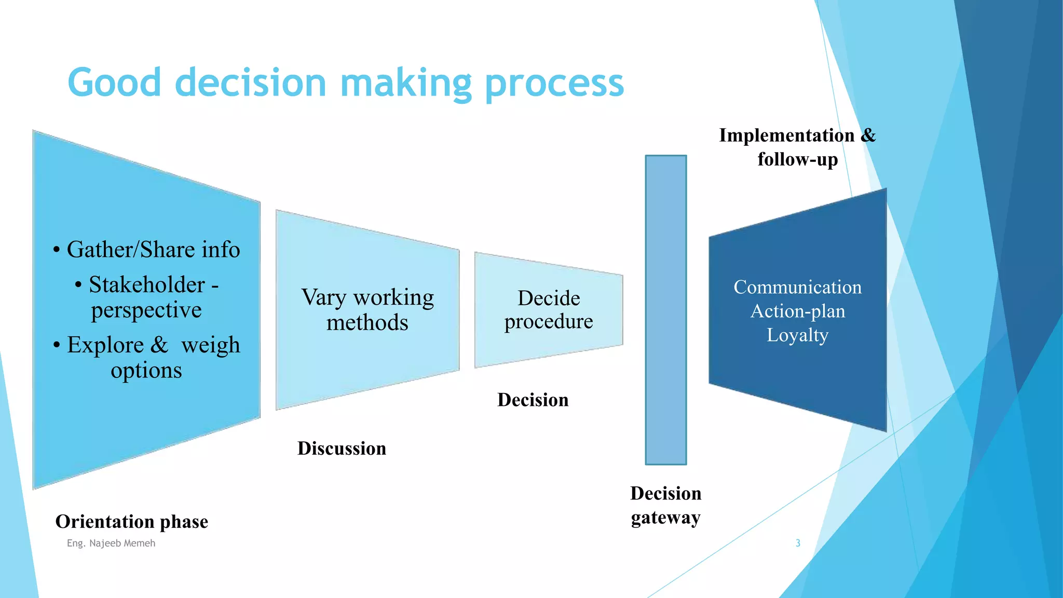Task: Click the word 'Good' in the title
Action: [x=115, y=83]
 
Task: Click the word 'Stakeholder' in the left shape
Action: [x=147, y=284]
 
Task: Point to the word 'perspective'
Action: [x=146, y=310]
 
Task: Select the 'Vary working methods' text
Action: [x=367, y=310]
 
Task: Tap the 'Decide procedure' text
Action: [x=549, y=310]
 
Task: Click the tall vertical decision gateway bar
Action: [x=666, y=310]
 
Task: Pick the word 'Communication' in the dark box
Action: [x=797, y=287]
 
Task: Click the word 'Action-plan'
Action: [x=797, y=311]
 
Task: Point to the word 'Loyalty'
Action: [x=797, y=335]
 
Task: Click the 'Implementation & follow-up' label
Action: [x=797, y=147]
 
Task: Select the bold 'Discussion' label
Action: [x=342, y=448]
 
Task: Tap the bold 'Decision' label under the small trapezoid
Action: [x=533, y=400]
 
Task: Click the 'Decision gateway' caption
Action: [x=666, y=505]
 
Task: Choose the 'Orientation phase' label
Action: [x=132, y=521]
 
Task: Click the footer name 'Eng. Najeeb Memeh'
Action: [x=111, y=543]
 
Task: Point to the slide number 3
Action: [x=798, y=543]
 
